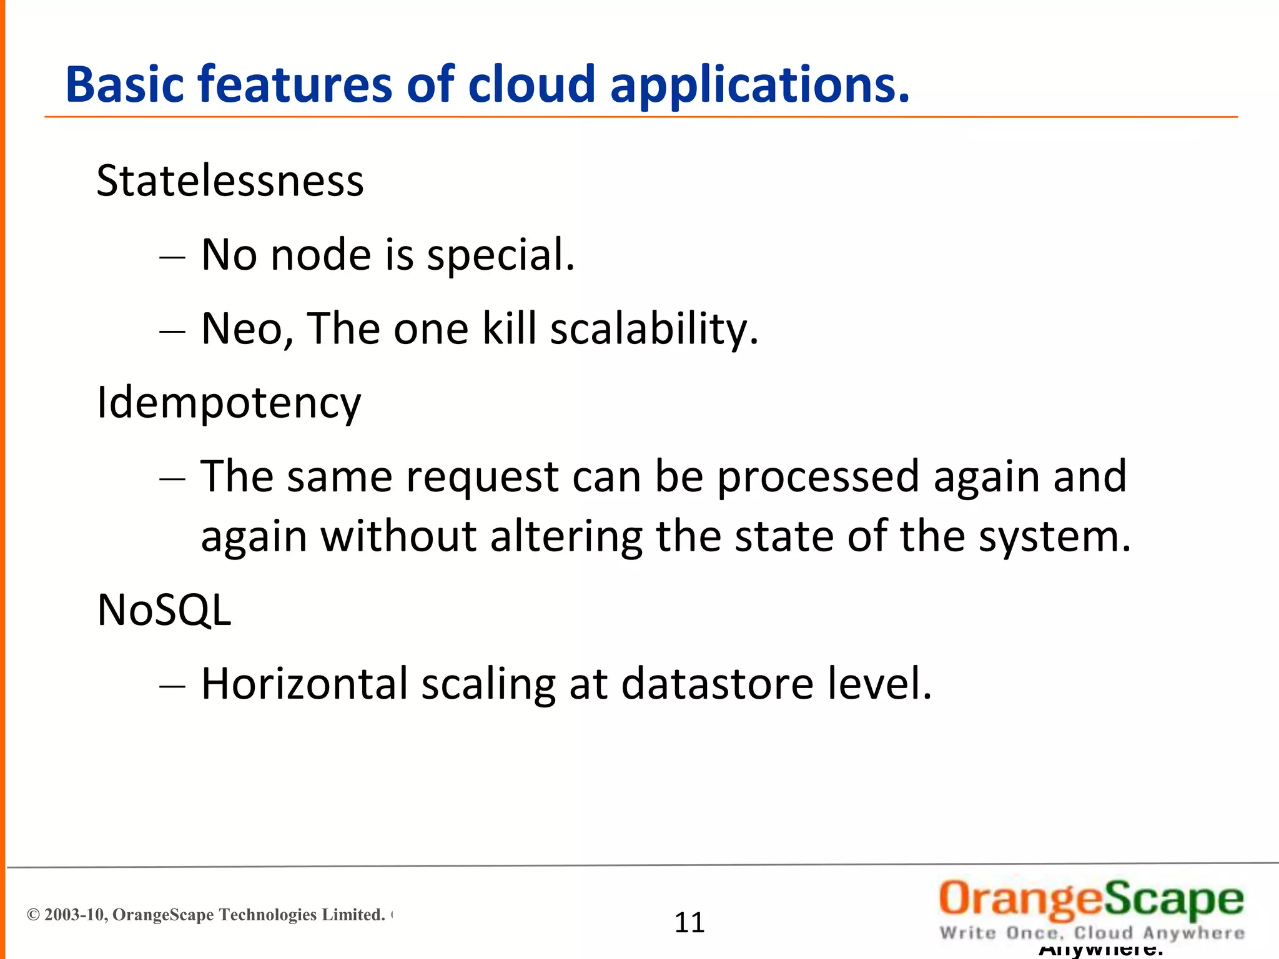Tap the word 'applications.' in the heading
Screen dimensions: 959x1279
[x=759, y=86]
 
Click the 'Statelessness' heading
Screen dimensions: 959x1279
[x=230, y=181]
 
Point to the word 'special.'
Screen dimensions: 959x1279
[x=500, y=256]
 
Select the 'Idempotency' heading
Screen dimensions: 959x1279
[x=229, y=403]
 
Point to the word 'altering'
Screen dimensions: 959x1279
[x=566, y=537]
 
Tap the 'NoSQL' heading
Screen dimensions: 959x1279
[x=164, y=610]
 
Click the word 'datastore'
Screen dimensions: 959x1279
[x=718, y=684]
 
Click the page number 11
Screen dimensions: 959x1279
[x=689, y=923]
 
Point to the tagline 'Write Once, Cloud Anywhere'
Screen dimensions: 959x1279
[x=1092, y=933]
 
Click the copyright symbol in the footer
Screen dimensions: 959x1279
[x=34, y=915]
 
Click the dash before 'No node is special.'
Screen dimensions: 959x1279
[x=172, y=257]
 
